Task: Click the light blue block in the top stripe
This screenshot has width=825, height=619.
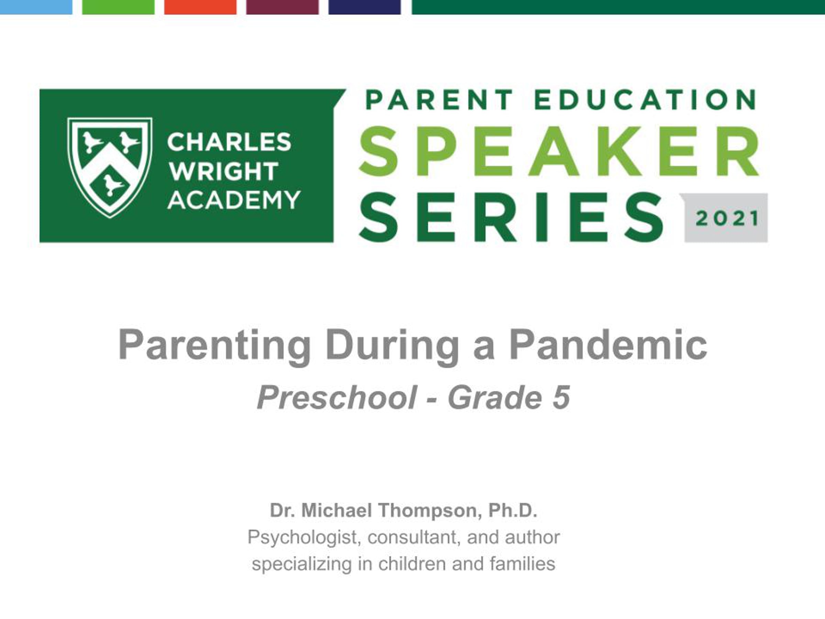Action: coord(36,7)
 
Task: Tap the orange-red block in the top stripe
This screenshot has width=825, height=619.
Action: coord(200,7)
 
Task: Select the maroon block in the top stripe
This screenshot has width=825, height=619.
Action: coord(282,7)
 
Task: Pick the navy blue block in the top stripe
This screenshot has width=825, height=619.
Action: coord(364,7)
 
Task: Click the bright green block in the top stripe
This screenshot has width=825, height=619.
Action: coord(118,7)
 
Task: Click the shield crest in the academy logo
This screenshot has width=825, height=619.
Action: coord(110,167)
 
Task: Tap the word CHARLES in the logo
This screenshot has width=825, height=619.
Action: coord(229,142)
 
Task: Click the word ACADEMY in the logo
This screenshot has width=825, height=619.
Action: coord(234,200)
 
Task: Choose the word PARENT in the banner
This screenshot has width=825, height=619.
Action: coord(440,100)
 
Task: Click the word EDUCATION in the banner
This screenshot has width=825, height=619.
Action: coord(645,100)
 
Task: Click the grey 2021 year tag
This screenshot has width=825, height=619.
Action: coord(726,218)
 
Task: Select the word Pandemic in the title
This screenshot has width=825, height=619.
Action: coord(608,345)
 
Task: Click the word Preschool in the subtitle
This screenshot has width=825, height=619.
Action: coord(337,398)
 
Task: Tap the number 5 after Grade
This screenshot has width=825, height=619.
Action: coord(561,398)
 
